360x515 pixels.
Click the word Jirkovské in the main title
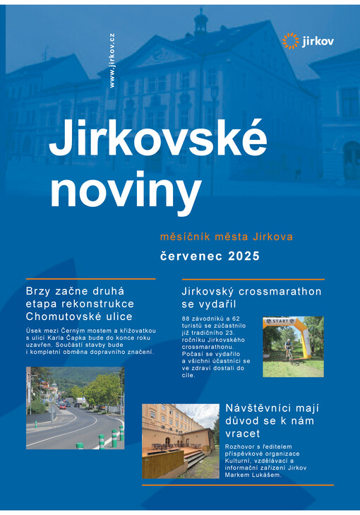[157, 140]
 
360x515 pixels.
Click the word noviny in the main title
[125, 189]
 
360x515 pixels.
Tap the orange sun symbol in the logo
[290, 41]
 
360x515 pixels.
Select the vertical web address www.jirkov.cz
[112, 61]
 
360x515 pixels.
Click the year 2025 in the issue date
[244, 255]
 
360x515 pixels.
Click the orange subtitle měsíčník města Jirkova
[226, 236]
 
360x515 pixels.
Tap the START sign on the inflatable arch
[277, 321]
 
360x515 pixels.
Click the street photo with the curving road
[75, 408]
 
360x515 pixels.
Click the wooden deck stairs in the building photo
[195, 460]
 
